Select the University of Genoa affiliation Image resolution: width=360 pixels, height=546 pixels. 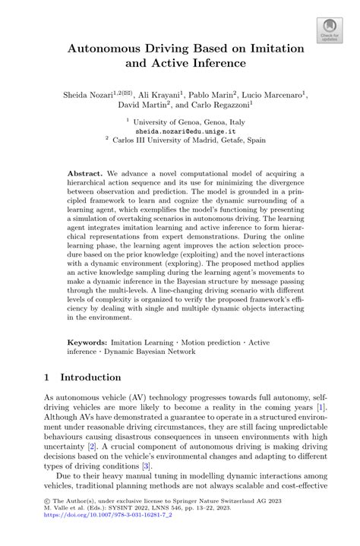click(x=182, y=120)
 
